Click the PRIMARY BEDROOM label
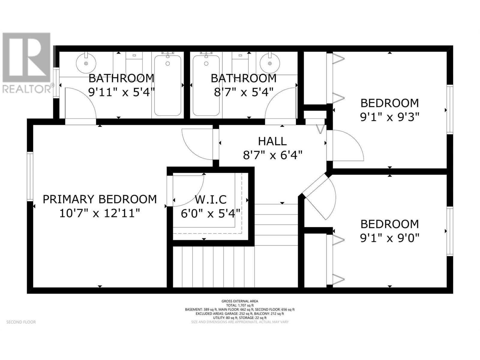click(100, 199)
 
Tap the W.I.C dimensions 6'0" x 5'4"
click(211, 213)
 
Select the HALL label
click(272, 141)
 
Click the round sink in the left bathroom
click(86, 63)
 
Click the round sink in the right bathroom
click(270, 63)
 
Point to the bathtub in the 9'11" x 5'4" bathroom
click(168, 85)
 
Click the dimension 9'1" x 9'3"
click(389, 117)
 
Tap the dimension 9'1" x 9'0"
click(389, 238)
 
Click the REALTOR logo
click(26, 63)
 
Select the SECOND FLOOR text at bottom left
click(21, 322)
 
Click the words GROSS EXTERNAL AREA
click(240, 301)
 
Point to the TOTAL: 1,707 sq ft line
click(240, 305)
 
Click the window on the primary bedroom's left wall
click(30, 176)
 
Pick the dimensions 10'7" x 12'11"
click(100, 213)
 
